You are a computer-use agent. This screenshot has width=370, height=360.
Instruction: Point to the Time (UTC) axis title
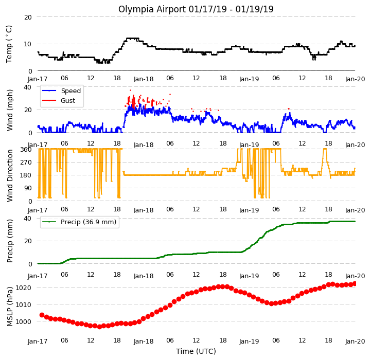[196, 351]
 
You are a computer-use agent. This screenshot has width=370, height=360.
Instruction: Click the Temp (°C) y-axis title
[9, 44]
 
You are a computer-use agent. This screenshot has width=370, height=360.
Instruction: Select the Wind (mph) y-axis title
[10, 110]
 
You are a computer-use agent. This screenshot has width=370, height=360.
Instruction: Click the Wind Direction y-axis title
[10, 175]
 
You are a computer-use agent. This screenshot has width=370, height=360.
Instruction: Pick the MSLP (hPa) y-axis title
[10, 307]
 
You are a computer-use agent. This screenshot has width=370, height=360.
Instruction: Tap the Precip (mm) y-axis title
[10, 241]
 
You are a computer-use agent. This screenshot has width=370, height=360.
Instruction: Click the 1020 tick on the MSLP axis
[23, 287]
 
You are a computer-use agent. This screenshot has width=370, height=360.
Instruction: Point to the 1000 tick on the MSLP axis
[23, 321]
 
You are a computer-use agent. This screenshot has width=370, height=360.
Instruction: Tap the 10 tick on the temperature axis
[28, 44]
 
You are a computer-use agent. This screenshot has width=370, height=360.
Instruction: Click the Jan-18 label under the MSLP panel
[144, 341]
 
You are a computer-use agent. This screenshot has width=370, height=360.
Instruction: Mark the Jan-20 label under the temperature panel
[355, 79]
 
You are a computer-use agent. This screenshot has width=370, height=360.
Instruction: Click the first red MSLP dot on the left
[42, 315]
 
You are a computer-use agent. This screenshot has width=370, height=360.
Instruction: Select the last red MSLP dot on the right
[355, 283]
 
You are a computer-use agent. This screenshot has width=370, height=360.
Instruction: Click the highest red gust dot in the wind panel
[130, 90]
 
